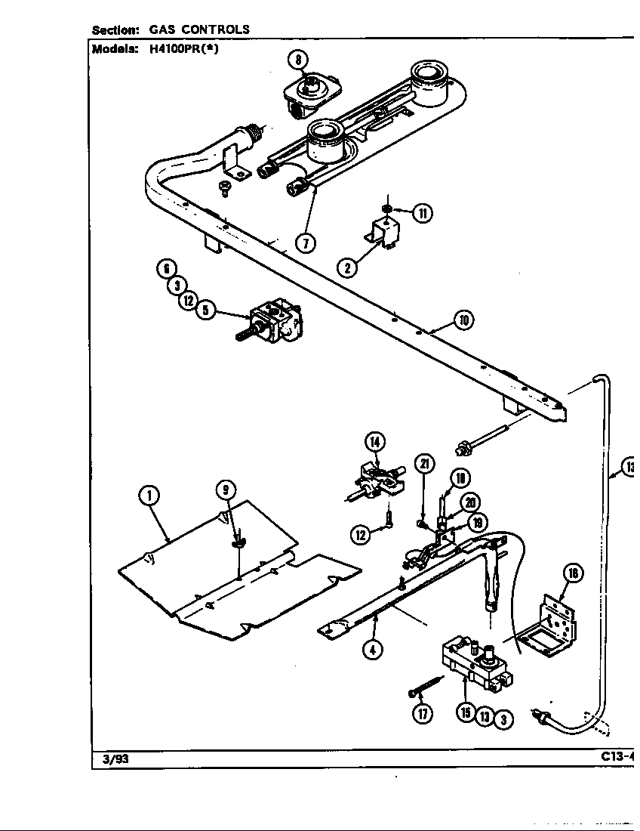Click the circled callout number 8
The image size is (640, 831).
(x=298, y=60)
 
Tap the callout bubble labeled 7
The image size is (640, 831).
(x=305, y=243)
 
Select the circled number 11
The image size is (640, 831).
(x=423, y=213)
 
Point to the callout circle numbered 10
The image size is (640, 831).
(x=463, y=320)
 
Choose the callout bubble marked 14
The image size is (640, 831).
(x=375, y=442)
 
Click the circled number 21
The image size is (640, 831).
(x=424, y=463)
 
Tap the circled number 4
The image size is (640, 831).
(x=371, y=649)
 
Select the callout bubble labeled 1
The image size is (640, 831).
(x=150, y=496)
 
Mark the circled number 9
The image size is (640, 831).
(x=225, y=490)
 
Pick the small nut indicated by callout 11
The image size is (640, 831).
(x=386, y=207)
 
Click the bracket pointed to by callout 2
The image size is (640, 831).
(x=384, y=233)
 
